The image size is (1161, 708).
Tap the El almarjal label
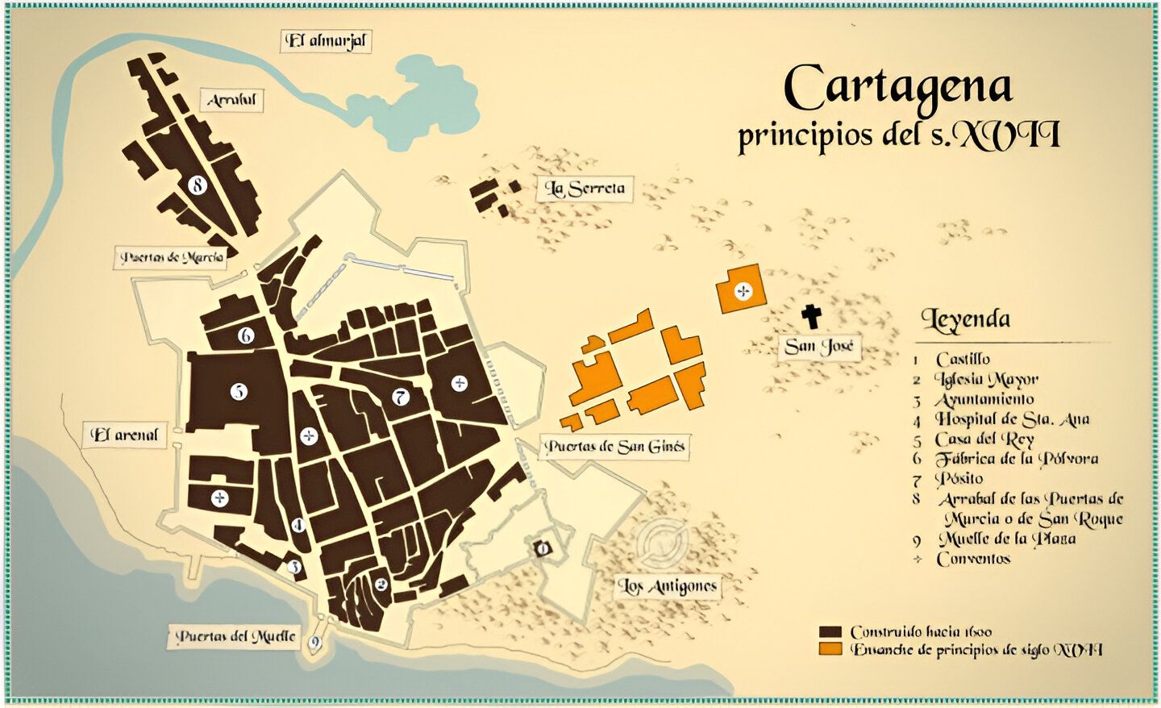click(x=327, y=41)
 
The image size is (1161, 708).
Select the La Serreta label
click(x=585, y=189)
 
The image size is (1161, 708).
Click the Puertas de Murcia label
click(x=171, y=258)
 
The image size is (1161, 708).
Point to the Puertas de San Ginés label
click(x=614, y=447)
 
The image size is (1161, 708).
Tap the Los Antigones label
click(x=667, y=586)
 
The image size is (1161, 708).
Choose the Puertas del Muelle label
click(x=235, y=636)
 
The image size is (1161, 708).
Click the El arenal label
click(x=125, y=435)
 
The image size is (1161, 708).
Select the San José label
click(x=818, y=347)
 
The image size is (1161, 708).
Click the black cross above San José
click(x=810, y=316)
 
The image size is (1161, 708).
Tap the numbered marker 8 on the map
click(x=197, y=185)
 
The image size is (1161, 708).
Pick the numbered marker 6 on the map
click(x=246, y=335)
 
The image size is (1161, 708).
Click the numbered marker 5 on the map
click(x=239, y=392)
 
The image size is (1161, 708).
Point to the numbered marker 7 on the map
click(x=400, y=397)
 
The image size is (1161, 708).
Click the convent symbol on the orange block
click(x=743, y=291)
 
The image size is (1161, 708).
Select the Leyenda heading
click(x=965, y=319)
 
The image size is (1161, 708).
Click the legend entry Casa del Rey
click(x=984, y=439)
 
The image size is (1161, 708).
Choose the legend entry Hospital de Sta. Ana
click(x=1011, y=419)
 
